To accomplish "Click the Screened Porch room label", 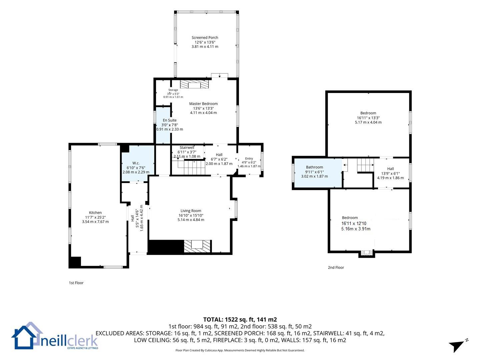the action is coord(205,38).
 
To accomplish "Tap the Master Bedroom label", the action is coord(203,104).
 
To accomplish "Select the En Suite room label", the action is coord(169,120).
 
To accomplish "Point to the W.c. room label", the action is coord(136,163).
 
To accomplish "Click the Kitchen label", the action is coord(95,212).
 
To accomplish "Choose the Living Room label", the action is coord(191,211).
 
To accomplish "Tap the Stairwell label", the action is coord(187,148).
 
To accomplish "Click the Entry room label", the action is coord(249,158).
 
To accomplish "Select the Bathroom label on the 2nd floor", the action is coord(314,167).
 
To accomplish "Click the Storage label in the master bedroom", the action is coord(173,90).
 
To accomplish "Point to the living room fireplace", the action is coord(197,247).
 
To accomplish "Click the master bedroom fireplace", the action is coord(194,84).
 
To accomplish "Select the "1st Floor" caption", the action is coord(76,283).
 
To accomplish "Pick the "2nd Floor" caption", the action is coord(336,268).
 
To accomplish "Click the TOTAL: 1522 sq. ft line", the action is coord(240,320).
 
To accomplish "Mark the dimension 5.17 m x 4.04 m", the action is coord(368,122).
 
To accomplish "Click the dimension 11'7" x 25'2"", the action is coord(95,217).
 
